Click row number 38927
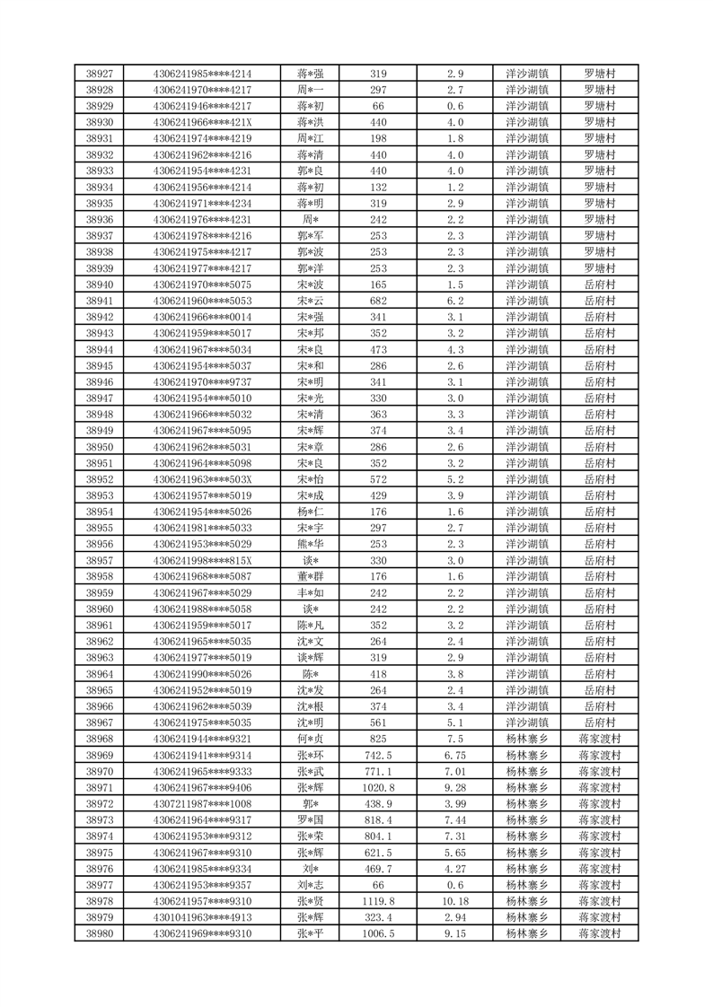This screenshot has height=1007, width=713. [99, 74]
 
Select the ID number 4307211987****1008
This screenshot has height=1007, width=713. [202, 803]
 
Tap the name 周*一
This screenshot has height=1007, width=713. [310, 90]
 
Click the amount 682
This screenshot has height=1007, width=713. [378, 301]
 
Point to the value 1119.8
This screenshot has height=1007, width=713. [378, 901]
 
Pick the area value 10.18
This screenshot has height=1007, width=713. [454, 901]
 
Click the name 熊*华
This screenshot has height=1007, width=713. [310, 544]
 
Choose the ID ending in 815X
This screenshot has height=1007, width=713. [202, 560]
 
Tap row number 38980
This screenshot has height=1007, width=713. [99, 933]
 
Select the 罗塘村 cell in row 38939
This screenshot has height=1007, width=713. [599, 268]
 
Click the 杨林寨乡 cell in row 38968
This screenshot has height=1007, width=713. [527, 739]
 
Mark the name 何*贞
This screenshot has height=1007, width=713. [310, 739]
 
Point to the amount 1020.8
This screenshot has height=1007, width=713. [378, 787]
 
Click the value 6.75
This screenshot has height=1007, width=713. [454, 755]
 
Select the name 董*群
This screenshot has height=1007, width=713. [310, 576]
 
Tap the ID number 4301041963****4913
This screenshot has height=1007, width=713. [202, 917]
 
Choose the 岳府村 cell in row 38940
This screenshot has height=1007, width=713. [599, 285]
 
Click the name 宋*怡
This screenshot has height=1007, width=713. [310, 479]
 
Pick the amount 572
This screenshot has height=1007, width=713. [378, 479]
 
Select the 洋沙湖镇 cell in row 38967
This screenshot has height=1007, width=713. [527, 722]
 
